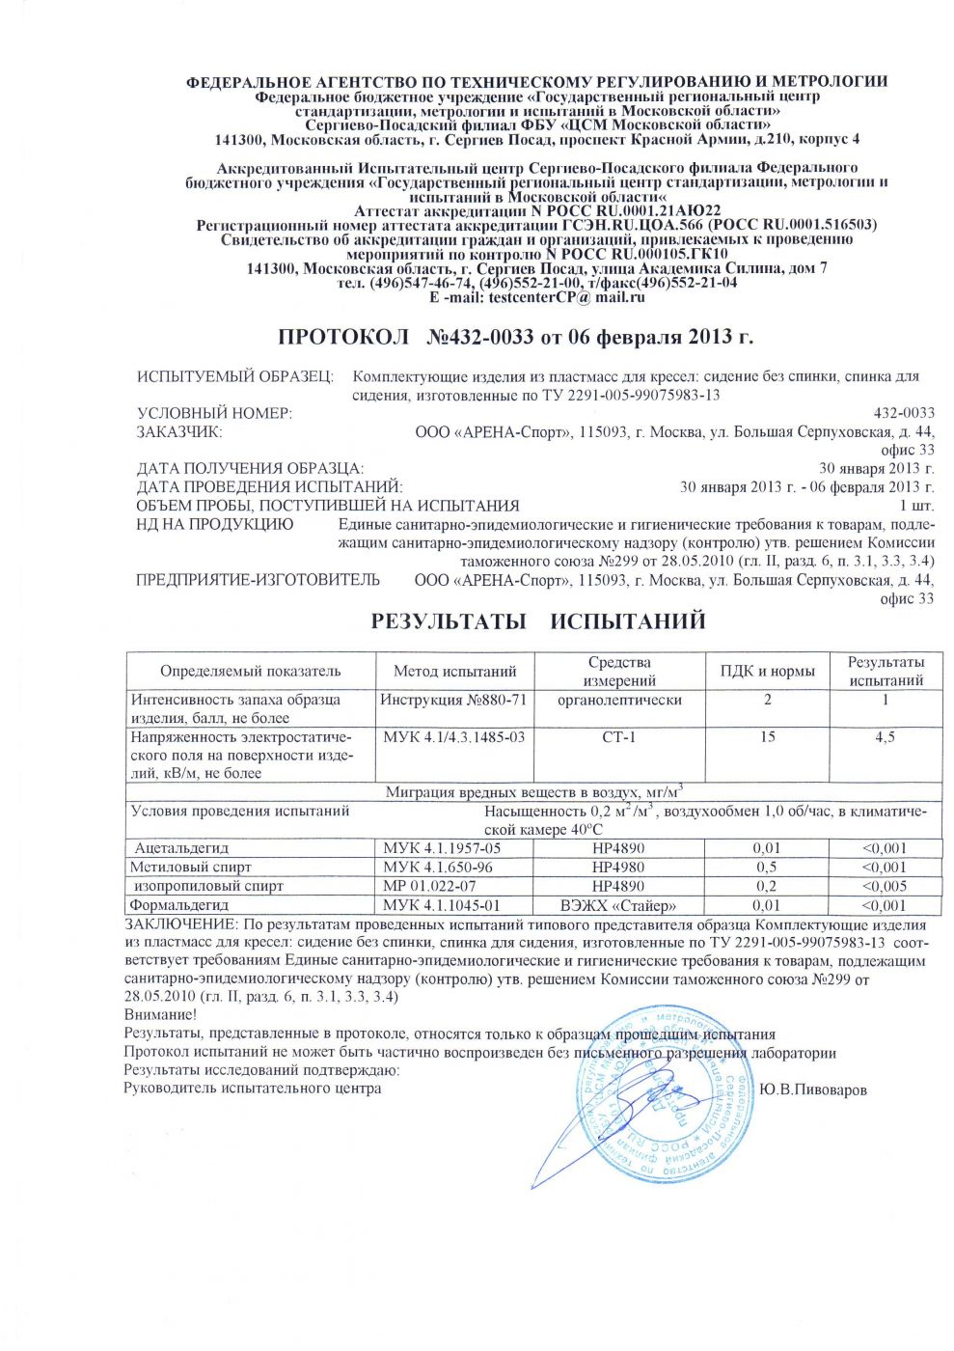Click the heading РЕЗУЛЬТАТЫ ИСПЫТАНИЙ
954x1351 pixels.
coord(538,620)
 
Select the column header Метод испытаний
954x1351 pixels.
coord(454,672)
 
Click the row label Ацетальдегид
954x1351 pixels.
coord(181,848)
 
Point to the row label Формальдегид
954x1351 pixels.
coord(179,905)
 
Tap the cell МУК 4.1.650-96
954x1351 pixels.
coord(438,867)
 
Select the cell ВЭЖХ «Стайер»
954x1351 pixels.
coord(618,905)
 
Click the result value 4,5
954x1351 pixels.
coord(884,737)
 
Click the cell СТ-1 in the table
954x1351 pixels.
coord(618,737)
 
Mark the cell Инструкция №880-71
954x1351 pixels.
coord(453,700)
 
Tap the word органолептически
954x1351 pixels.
coord(618,700)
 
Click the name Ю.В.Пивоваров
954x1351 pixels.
coord(812,1089)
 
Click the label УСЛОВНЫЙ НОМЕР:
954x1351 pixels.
coord(213,413)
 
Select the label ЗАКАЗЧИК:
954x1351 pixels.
coord(179,431)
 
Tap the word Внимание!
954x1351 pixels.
coord(160,1014)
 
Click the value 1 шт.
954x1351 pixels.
coord(916,506)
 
